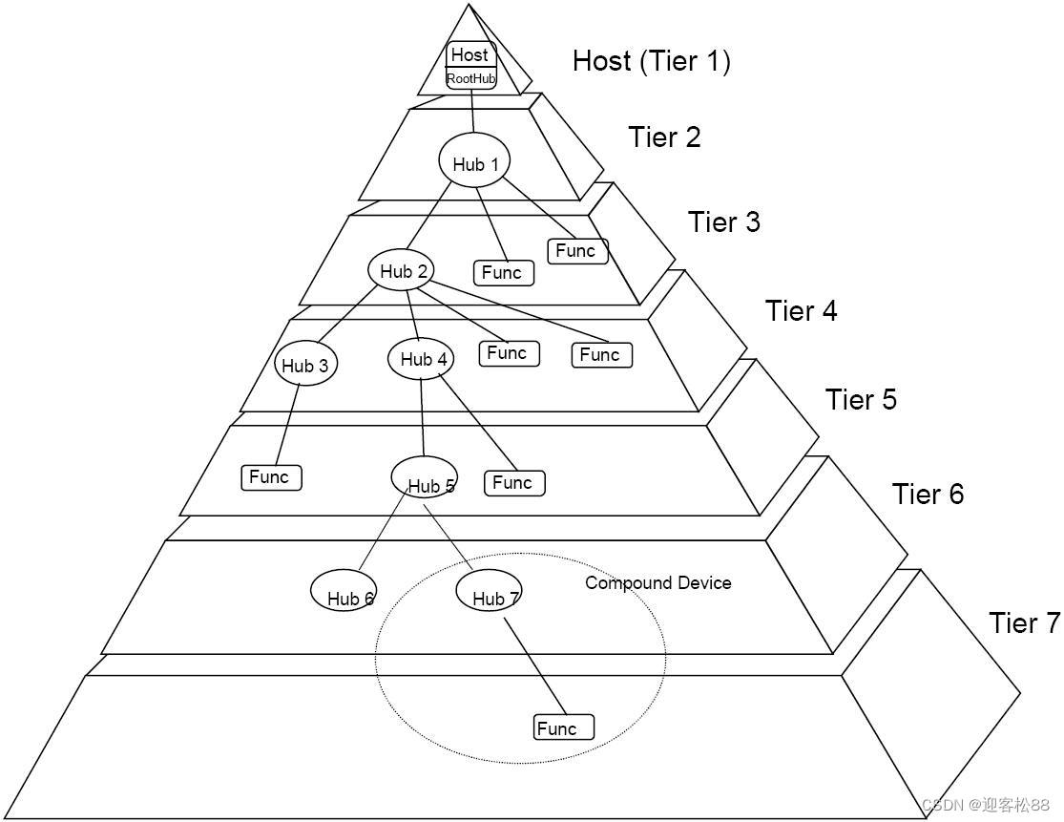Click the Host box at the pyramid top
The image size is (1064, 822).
(470, 54)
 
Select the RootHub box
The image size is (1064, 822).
(471, 78)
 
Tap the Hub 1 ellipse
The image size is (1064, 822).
(474, 163)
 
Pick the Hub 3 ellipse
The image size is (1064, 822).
(304, 366)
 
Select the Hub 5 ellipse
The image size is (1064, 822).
(425, 477)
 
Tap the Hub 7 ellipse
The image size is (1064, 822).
(488, 592)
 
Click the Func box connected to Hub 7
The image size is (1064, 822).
(563, 727)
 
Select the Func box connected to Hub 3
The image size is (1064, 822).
(271, 477)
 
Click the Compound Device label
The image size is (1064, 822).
(658, 582)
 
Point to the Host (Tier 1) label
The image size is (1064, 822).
(652, 61)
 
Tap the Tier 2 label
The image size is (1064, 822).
(664, 137)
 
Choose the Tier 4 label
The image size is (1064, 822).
(801, 311)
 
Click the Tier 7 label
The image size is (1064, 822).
(1024, 622)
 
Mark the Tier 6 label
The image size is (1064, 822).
(928, 494)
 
